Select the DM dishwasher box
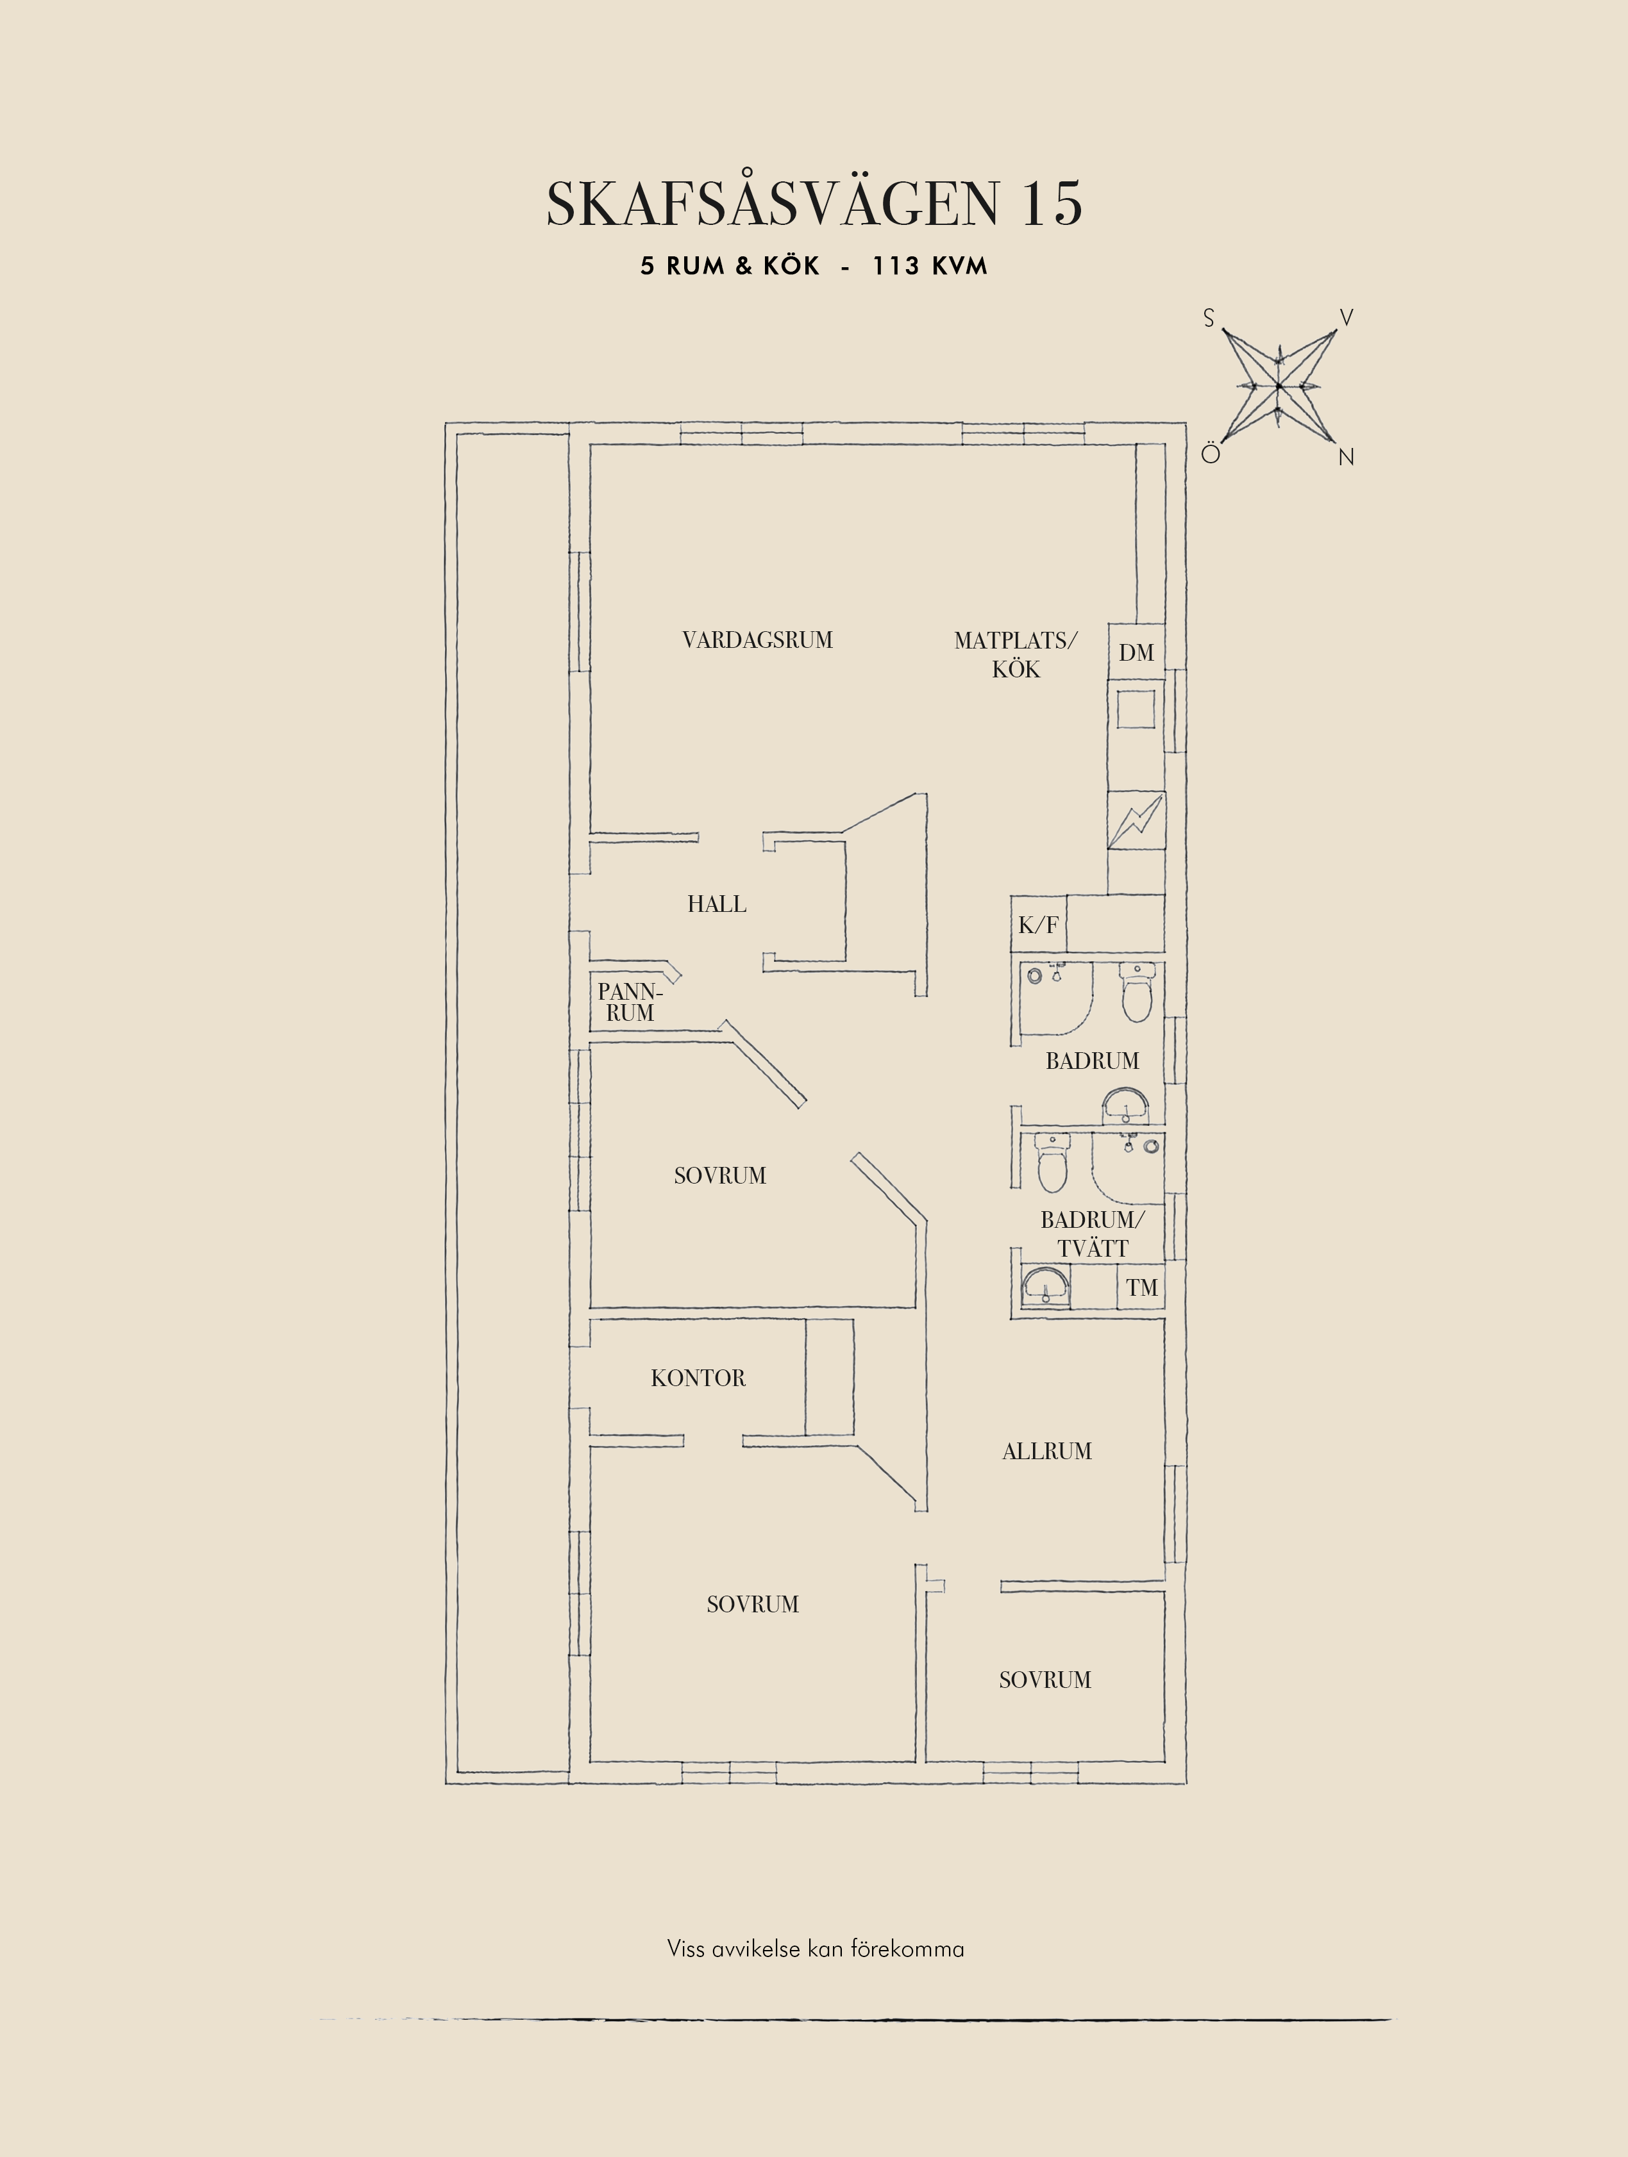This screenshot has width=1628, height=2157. point(1136,651)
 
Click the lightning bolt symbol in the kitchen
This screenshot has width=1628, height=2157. point(1136,820)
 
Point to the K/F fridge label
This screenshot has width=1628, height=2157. point(1038,925)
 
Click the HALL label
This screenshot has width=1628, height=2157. point(717,904)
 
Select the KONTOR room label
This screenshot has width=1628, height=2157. point(698,1378)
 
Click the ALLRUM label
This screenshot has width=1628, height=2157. point(1046,1451)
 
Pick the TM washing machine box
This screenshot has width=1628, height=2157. point(1141,1287)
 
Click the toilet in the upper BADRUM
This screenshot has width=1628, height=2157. point(1136,993)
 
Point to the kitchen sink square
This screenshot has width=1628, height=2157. point(1136,709)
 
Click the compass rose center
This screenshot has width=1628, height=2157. point(1278,386)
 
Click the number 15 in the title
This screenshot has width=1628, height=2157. point(1052,204)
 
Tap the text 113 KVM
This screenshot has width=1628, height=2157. point(930,266)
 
